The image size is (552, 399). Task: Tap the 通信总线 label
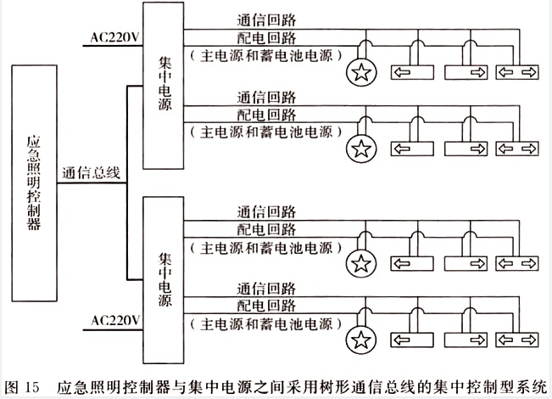[90, 172]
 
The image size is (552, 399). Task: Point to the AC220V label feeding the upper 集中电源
[114, 37]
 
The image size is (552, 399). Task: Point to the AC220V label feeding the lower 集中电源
[114, 321]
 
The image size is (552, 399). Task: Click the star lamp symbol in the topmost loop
[362, 71]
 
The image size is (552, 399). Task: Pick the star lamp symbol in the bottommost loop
[362, 340]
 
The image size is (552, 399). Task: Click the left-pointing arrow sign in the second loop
[411, 149]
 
